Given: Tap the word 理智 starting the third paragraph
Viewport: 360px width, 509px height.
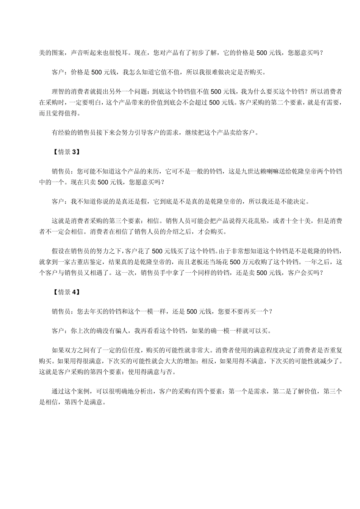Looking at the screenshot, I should pyautogui.click(x=58, y=91).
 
